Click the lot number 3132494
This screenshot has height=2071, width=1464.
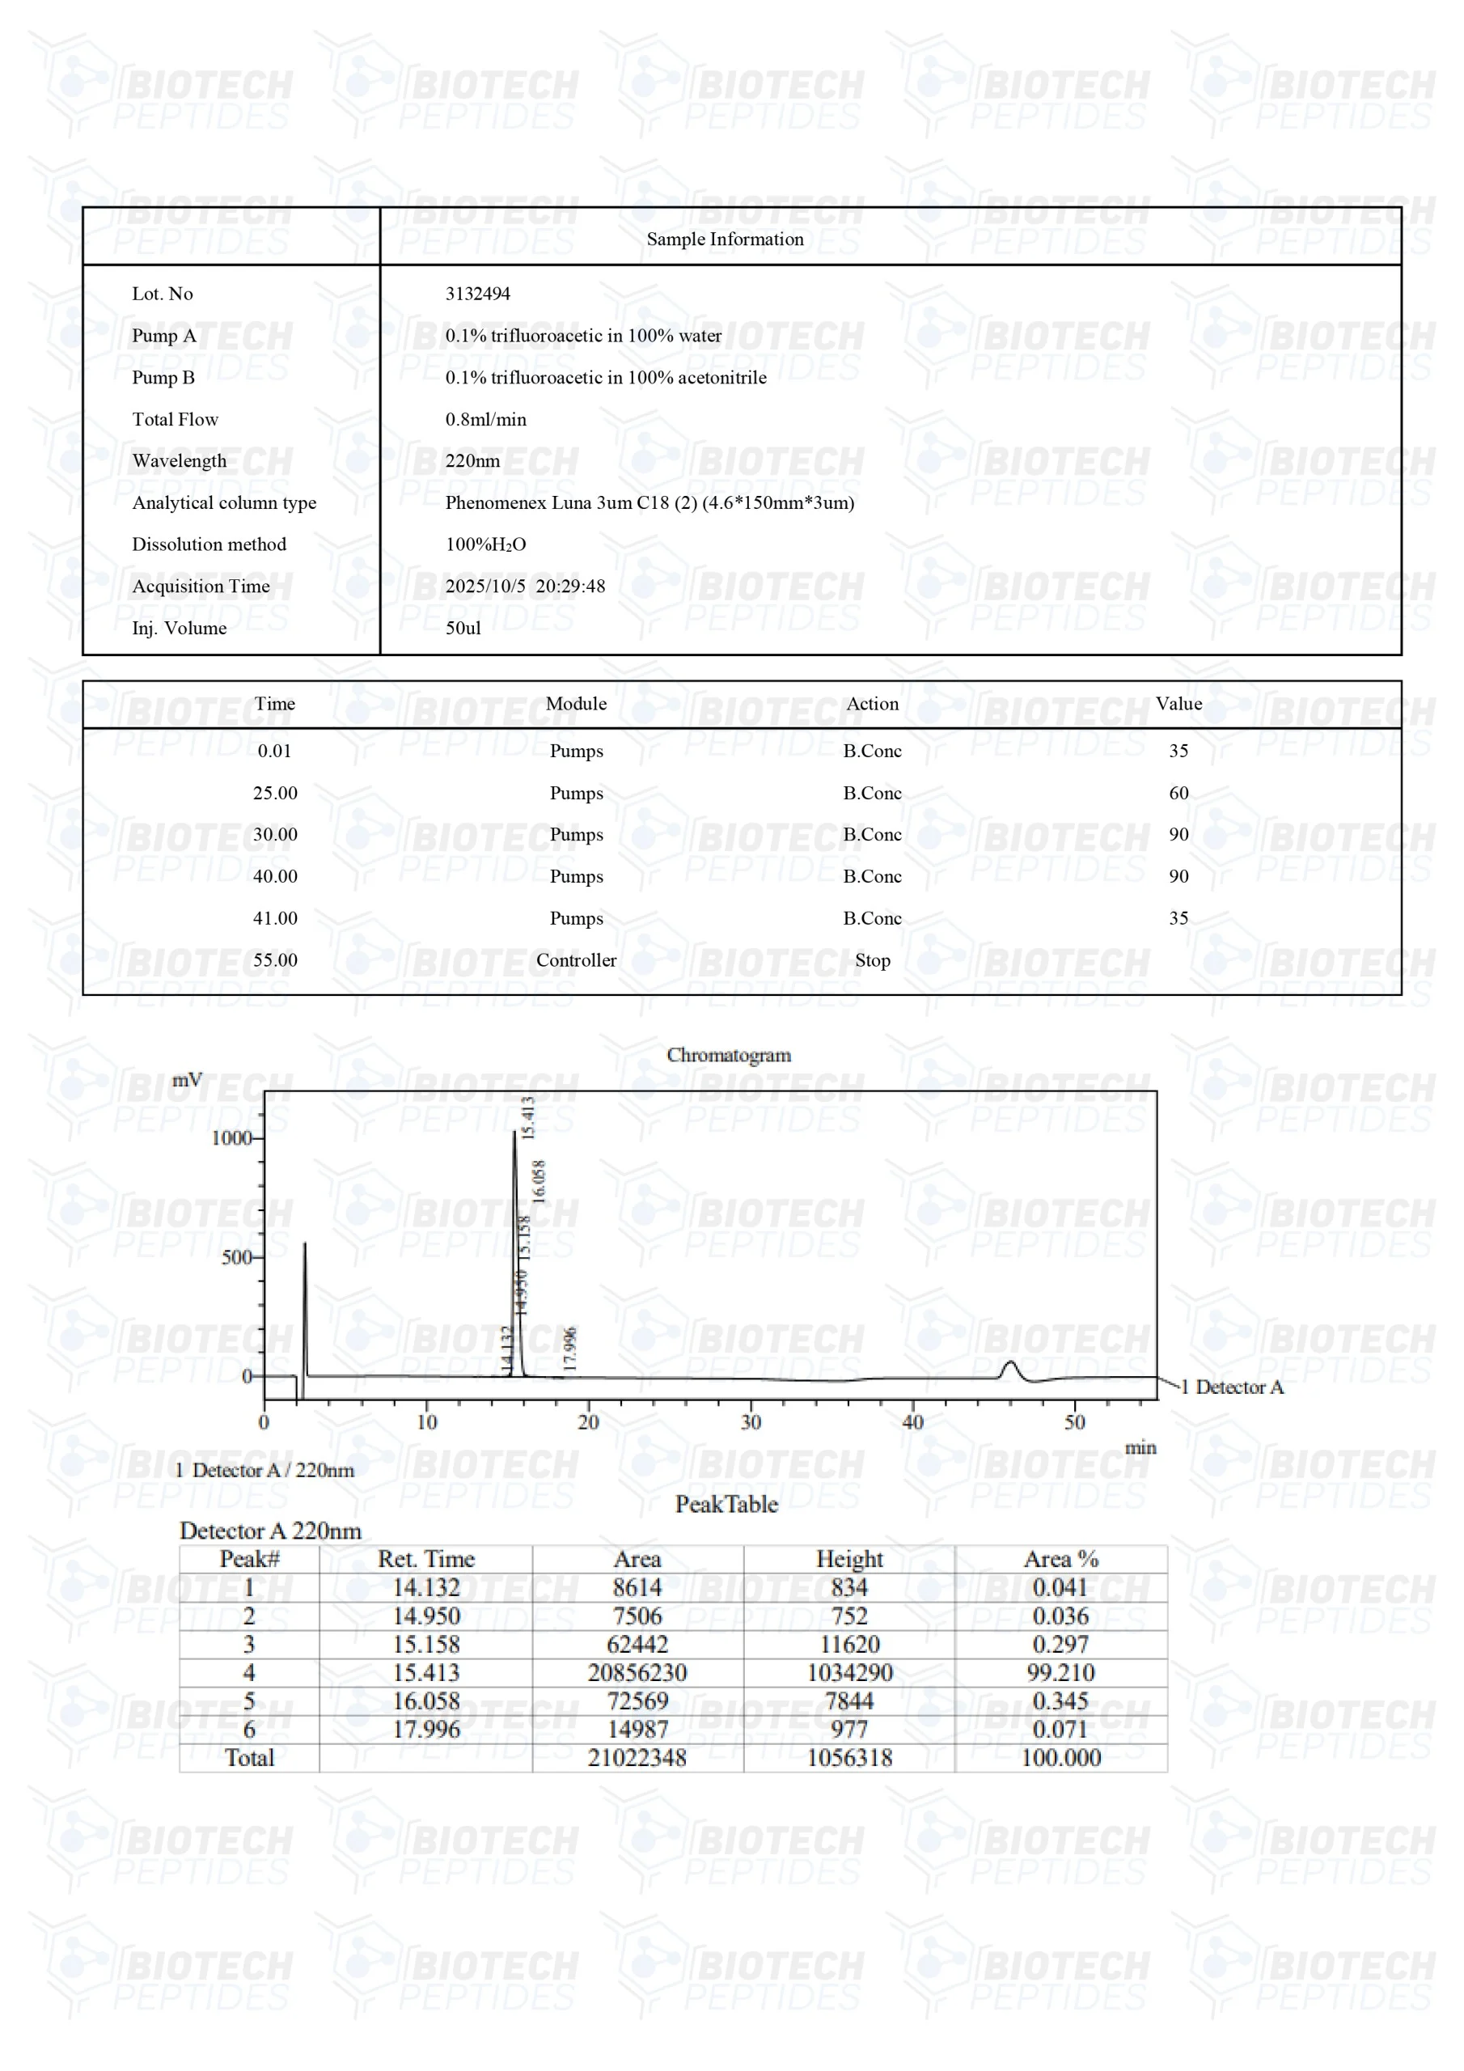coord(477,294)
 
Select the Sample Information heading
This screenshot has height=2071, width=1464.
coord(725,239)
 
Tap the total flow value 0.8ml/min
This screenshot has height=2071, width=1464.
coord(485,419)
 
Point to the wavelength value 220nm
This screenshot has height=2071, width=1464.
coord(472,461)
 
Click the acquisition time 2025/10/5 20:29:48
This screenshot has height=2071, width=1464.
coord(525,587)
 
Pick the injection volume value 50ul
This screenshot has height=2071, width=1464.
coord(463,628)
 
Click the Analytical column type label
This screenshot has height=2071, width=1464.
coord(224,502)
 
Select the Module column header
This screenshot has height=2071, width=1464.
coord(576,704)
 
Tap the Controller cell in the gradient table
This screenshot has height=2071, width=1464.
coord(576,959)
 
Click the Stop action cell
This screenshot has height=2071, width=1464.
coord(871,959)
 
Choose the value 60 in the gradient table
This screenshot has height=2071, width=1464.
coord(1178,793)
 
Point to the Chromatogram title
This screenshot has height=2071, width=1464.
coord(729,1054)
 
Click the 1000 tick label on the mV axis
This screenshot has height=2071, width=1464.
coord(231,1138)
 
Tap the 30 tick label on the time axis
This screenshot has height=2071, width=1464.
coord(751,1422)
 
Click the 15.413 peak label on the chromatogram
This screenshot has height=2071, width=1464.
coord(529,1116)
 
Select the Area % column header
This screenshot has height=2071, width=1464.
coord(1060,1559)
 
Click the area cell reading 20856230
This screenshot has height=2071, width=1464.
coord(637,1672)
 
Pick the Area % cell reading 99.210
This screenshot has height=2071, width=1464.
coord(1060,1672)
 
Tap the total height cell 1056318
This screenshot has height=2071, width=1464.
coord(848,1757)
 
